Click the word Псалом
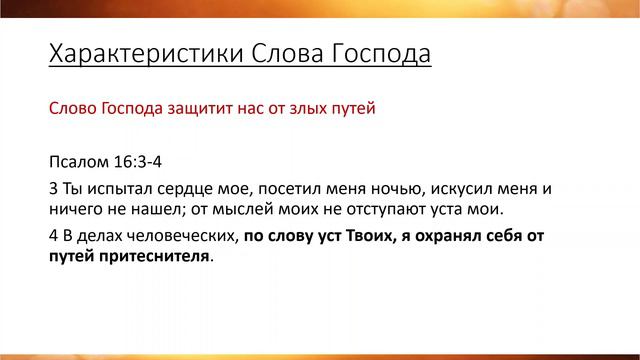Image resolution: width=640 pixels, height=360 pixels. pos(76,162)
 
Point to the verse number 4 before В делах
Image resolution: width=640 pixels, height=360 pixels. pos(53,236)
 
